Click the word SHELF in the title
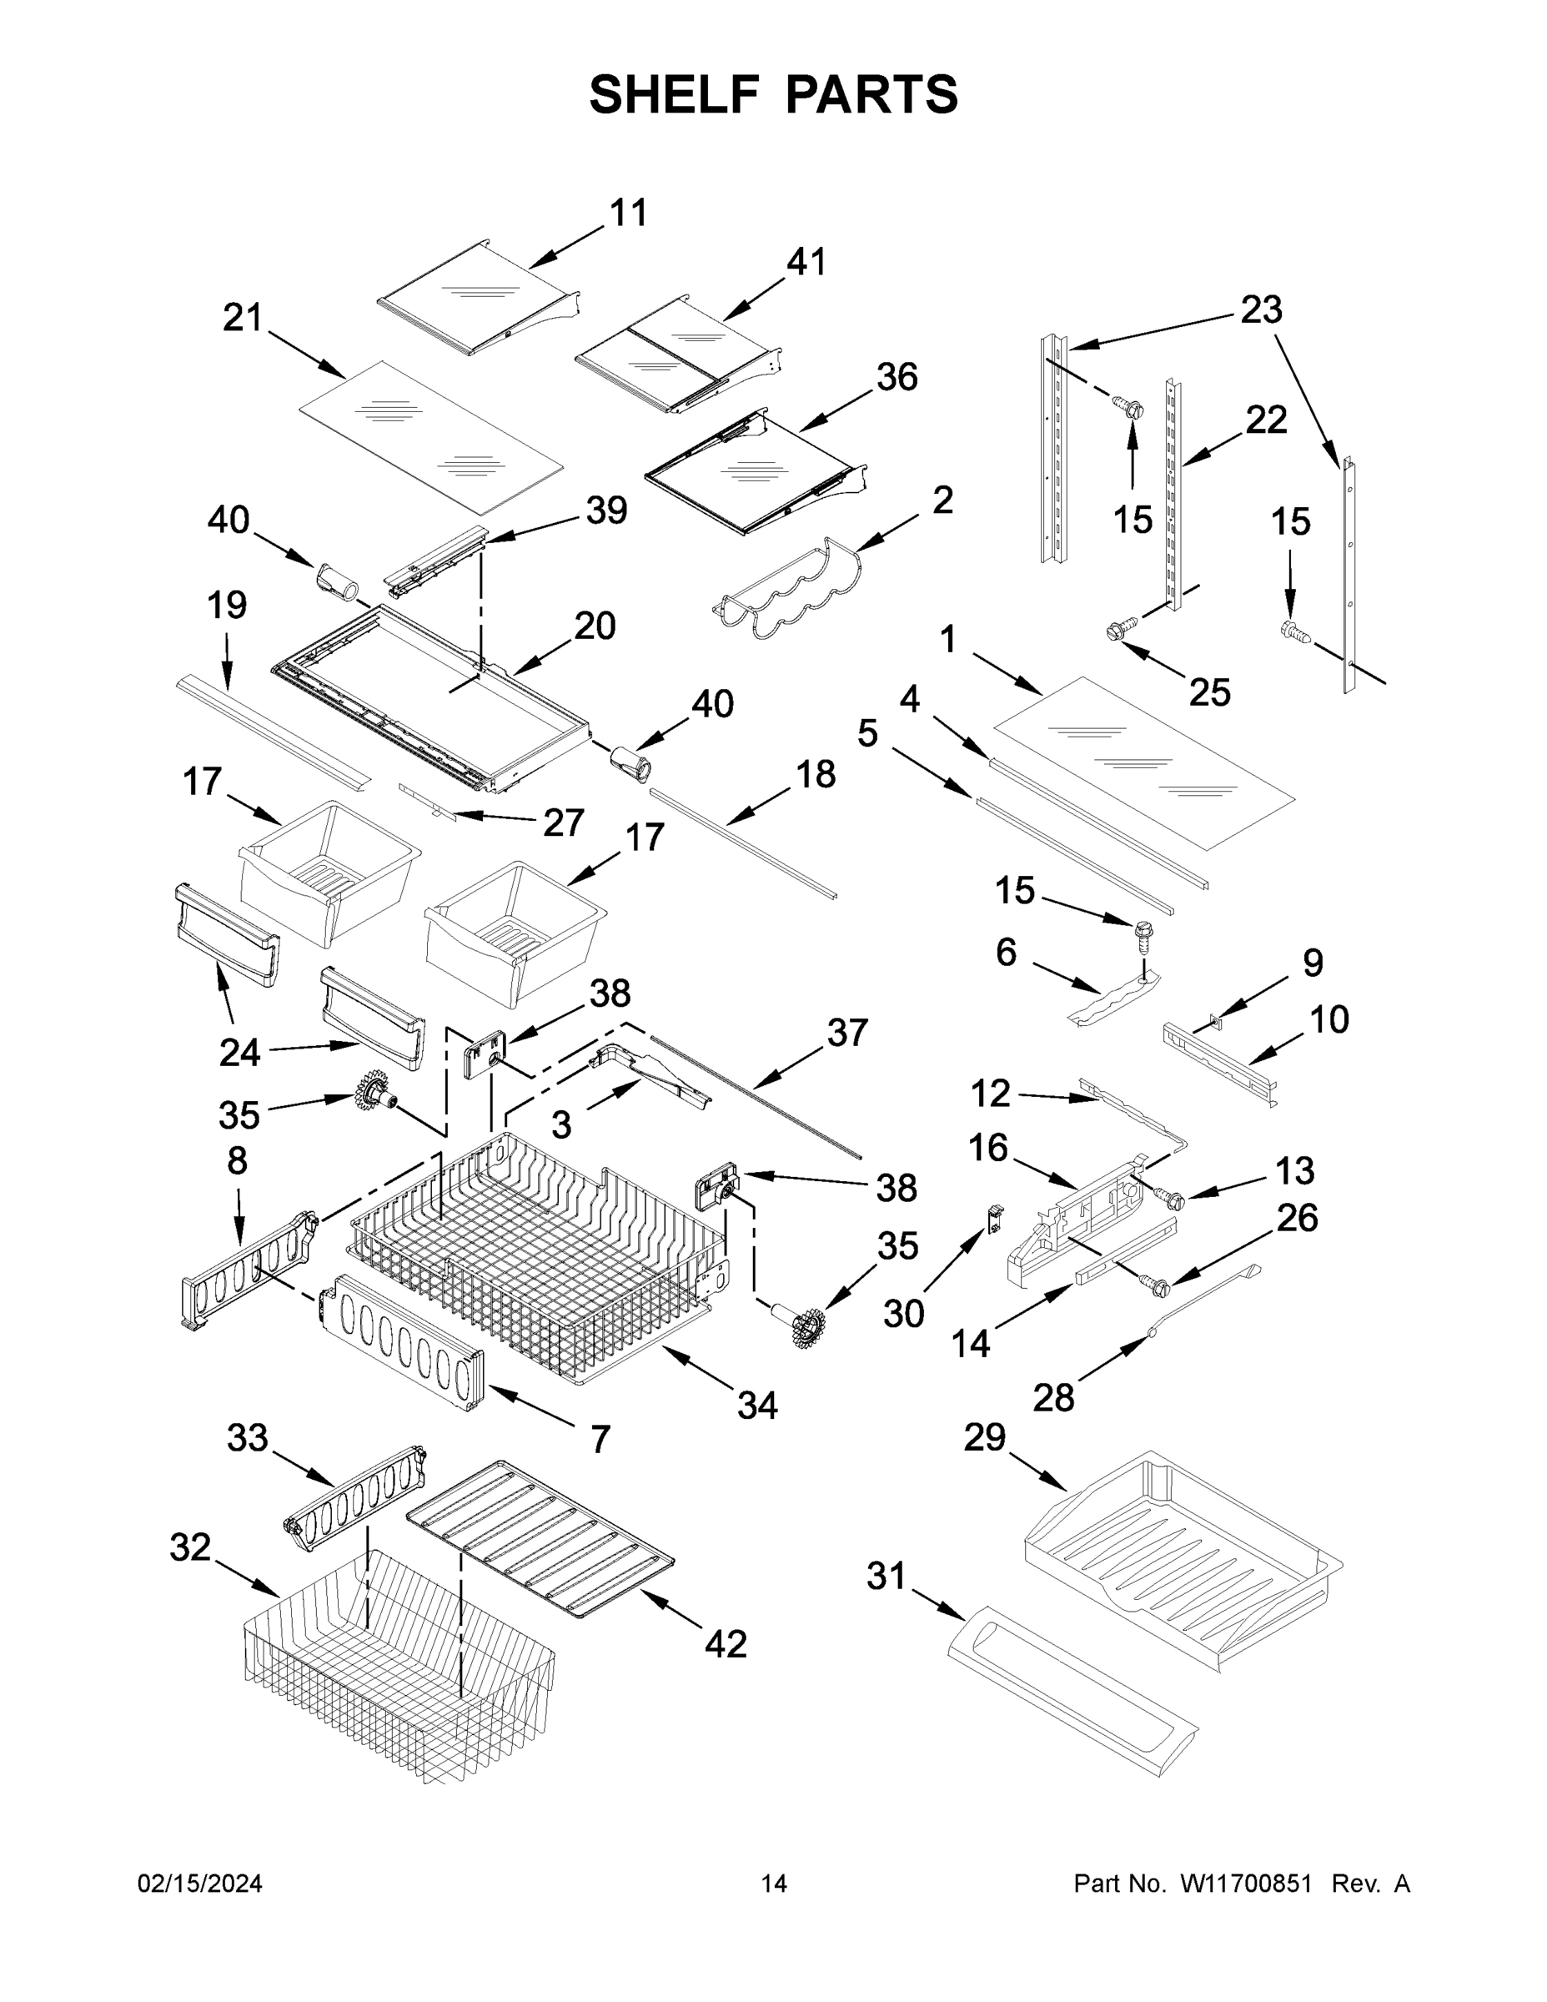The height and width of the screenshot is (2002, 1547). coord(675,95)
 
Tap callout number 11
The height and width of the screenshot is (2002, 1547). coord(629,213)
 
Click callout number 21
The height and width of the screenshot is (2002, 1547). coord(243,318)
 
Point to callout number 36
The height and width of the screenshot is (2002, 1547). coord(897,377)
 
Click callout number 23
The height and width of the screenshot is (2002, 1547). coord(1261,309)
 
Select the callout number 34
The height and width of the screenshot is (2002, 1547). coord(757,1406)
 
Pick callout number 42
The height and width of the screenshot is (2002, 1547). coord(726,1643)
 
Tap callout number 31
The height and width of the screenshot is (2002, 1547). coord(887,1576)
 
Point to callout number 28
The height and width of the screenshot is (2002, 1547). coord(1053,1398)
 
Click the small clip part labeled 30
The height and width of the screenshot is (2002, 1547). coord(993,1218)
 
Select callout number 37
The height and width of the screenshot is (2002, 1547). coord(846,1032)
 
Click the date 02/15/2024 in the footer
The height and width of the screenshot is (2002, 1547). coord(200,1884)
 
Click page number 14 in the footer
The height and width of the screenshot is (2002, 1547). coord(774,1884)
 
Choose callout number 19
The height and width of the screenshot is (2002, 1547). coord(226,605)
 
